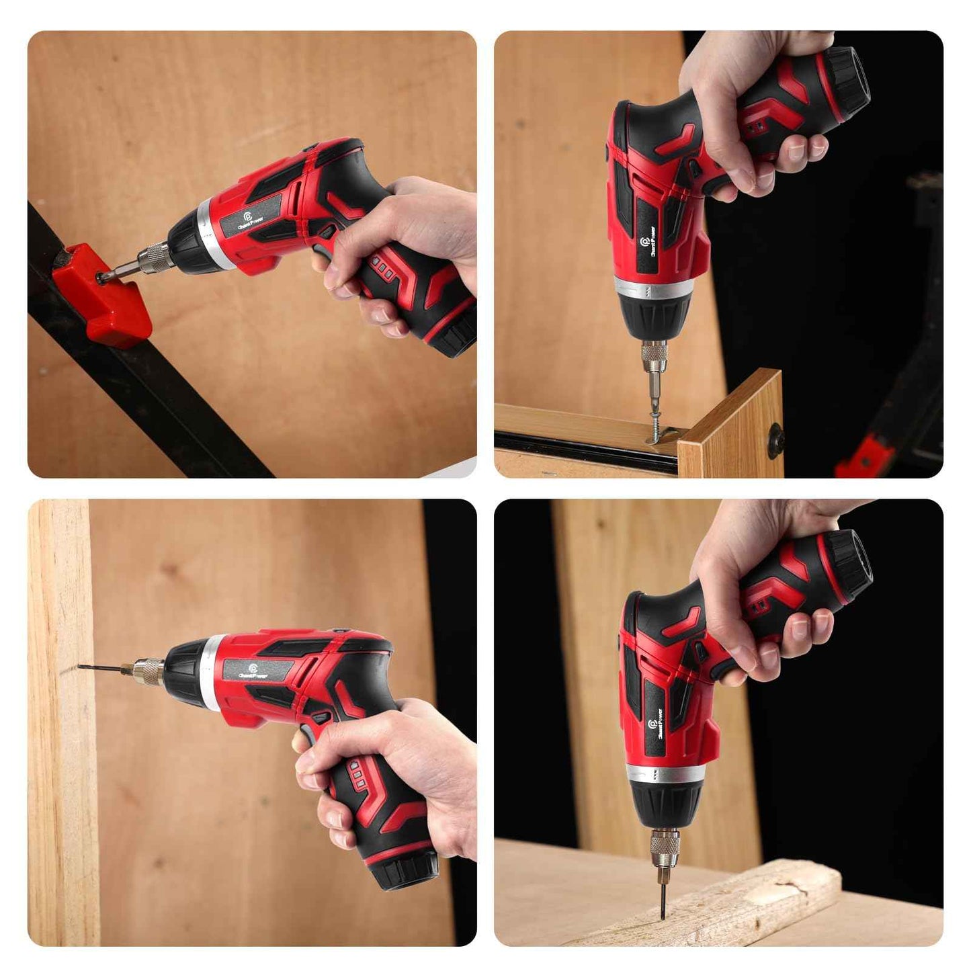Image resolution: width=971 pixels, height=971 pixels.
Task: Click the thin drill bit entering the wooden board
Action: point(101,667)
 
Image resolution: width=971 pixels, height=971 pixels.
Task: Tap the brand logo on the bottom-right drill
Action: point(653,725)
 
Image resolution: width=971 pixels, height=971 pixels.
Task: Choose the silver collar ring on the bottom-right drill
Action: point(663,774)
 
